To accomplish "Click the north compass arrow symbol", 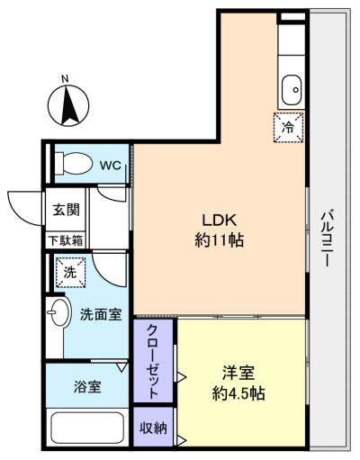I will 68,110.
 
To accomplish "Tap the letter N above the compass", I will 66,80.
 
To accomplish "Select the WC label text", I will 110,165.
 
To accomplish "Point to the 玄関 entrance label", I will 65,210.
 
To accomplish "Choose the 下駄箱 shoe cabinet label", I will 65,239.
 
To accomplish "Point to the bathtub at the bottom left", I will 87,428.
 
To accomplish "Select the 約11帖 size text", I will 219,240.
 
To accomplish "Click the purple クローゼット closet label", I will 154,360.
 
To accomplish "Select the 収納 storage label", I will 154,428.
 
